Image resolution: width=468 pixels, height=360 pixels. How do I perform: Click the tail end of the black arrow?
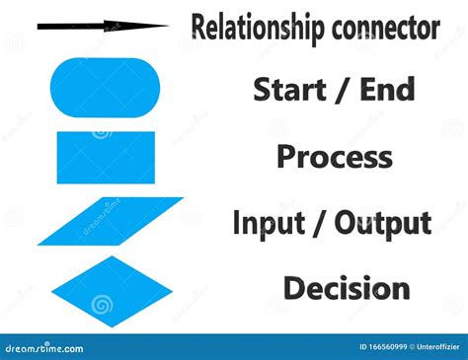[41, 28]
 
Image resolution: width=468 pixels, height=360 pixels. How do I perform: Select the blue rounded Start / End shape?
[105, 88]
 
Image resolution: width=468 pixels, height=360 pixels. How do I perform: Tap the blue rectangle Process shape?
[106, 158]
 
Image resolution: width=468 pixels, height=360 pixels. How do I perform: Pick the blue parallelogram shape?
[111, 221]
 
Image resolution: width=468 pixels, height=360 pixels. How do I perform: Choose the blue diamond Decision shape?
[105, 293]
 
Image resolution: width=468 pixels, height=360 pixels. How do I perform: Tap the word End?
[387, 90]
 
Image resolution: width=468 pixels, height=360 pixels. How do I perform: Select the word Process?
[334, 157]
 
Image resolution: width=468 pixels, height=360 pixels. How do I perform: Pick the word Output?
[383, 223]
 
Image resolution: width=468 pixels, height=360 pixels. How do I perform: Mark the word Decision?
[347, 289]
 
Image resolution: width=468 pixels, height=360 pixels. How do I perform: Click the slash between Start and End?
[341, 90]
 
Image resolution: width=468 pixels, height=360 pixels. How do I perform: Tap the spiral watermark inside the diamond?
[102, 305]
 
